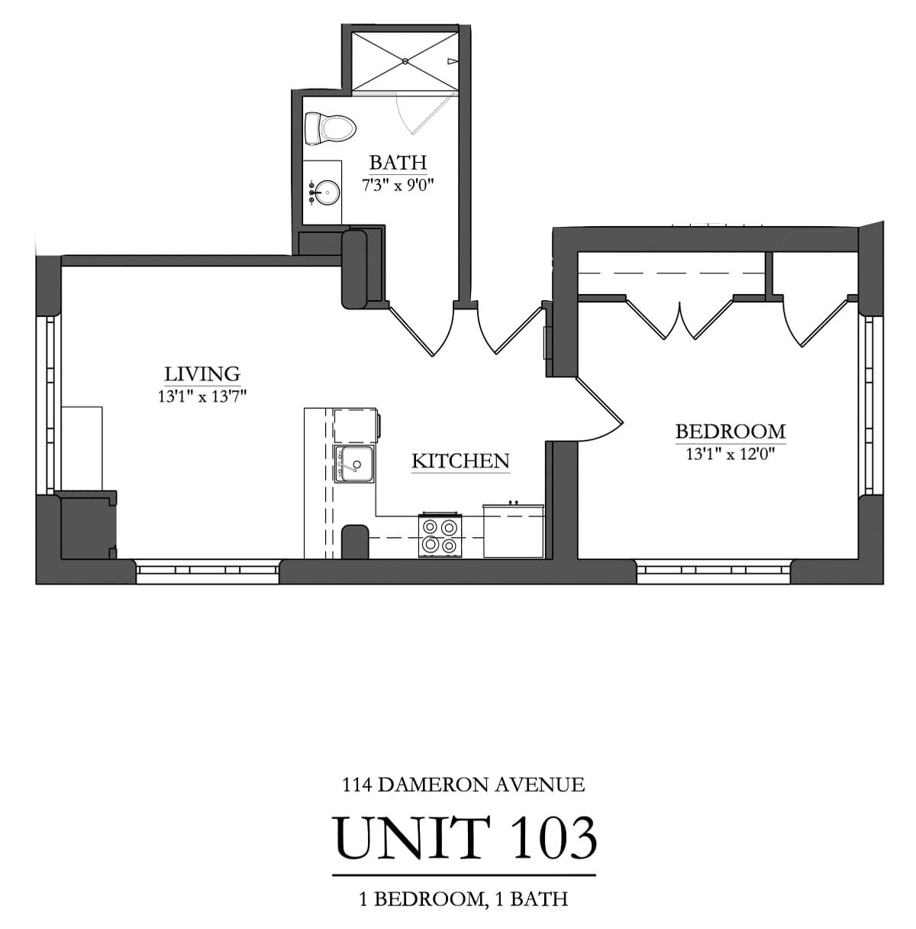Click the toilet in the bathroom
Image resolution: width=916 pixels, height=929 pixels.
(330, 128)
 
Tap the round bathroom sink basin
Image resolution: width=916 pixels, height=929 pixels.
(327, 193)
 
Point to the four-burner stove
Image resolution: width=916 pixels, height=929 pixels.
(440, 536)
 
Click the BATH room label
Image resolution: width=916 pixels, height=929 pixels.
(398, 163)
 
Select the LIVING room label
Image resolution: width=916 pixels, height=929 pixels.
(202, 374)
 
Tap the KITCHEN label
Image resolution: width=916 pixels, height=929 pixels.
(460, 461)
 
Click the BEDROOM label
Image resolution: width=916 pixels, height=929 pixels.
(731, 431)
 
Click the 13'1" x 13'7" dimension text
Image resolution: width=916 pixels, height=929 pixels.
(202, 396)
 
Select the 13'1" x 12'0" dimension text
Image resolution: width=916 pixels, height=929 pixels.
(731, 454)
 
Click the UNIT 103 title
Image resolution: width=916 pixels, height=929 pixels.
(465, 838)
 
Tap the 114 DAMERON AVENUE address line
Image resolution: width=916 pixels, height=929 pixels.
(464, 784)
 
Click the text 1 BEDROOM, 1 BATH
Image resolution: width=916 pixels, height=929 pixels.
(463, 899)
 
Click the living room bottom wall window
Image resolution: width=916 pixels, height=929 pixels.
(208, 570)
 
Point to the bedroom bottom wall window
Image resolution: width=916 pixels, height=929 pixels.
(713, 570)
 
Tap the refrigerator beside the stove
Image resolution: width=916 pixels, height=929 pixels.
(513, 531)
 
